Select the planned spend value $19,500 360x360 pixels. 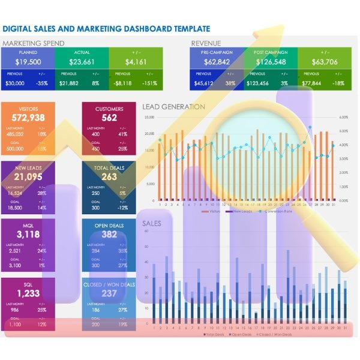tap(28, 61)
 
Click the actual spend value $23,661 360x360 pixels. tap(82, 61)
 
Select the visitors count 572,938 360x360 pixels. tap(28, 118)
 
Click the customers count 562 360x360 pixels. tap(109, 118)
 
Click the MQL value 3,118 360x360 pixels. tap(28, 235)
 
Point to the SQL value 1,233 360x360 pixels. tap(28, 293)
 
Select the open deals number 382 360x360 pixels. tap(109, 235)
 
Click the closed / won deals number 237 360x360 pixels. tap(109, 293)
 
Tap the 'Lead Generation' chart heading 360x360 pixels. tap(173, 107)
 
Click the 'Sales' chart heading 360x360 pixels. tap(152, 223)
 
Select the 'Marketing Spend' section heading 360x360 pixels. tap(34, 43)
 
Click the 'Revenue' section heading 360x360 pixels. tap(206, 43)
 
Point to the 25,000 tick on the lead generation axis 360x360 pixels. tap(149, 118)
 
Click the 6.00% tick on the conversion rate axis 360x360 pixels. tap(343, 118)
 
